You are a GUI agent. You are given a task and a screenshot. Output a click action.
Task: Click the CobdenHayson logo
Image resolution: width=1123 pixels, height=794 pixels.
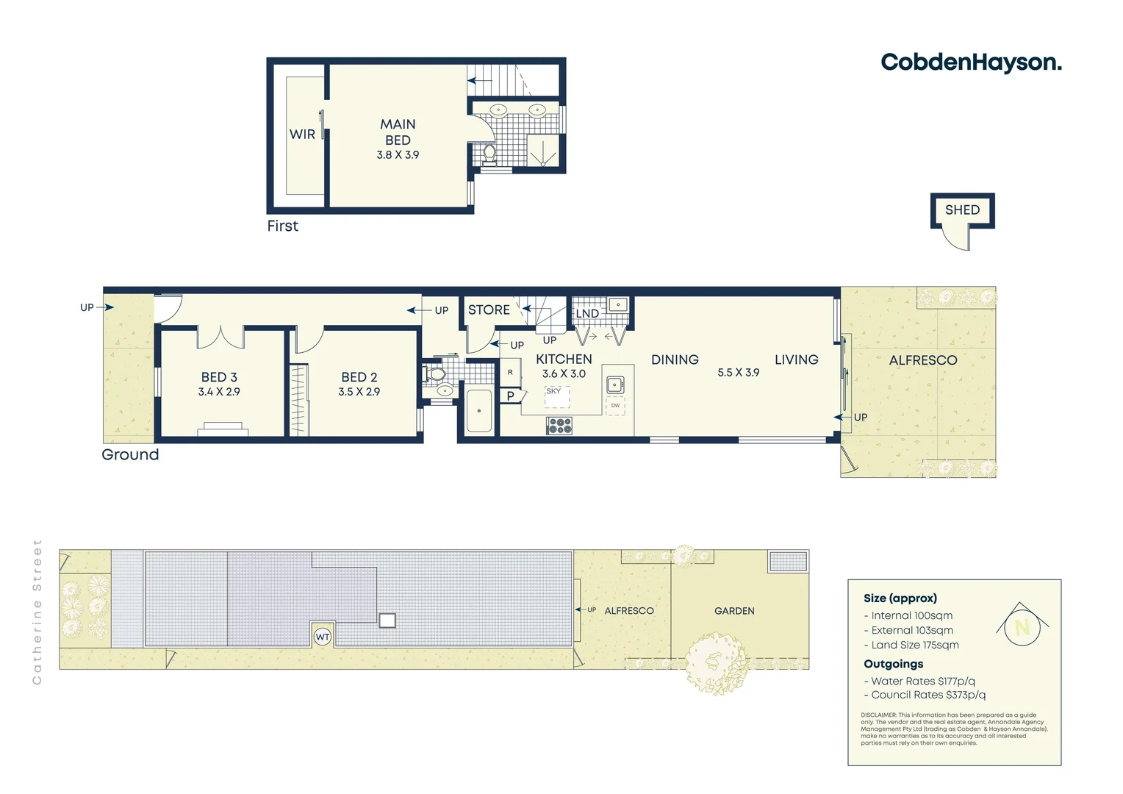tap(971, 62)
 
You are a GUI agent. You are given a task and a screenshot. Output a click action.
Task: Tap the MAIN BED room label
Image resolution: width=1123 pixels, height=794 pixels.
tap(398, 132)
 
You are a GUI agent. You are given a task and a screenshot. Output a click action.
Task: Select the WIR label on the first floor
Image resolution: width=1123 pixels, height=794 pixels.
tap(302, 135)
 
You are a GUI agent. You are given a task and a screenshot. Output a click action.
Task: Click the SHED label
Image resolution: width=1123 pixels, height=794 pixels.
tap(962, 210)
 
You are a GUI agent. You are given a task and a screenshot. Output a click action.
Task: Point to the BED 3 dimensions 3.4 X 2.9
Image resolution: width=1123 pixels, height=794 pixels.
tap(219, 393)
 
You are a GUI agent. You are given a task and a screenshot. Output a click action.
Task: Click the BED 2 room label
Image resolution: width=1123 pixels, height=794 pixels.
tap(359, 377)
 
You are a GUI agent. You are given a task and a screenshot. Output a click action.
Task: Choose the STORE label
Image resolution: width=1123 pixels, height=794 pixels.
tap(489, 310)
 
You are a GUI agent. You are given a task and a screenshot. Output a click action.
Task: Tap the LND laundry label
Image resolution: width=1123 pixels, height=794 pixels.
tap(587, 314)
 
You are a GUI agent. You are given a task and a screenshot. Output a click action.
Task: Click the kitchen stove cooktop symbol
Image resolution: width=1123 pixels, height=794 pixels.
tap(559, 426)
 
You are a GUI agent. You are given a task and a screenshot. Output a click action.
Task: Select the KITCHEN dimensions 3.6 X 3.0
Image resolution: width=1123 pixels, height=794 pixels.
tap(564, 374)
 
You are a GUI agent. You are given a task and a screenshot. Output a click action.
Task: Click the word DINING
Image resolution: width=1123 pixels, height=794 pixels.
tap(675, 360)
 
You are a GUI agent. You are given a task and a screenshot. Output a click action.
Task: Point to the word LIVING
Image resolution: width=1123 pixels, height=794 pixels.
tap(796, 360)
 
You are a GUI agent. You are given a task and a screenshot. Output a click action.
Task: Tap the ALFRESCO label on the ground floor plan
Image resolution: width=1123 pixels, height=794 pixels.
tap(923, 360)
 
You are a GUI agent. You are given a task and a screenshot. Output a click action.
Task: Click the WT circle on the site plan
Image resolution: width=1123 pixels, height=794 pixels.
tap(323, 637)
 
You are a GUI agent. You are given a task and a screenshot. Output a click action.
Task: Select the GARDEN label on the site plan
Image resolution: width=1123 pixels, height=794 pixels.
tap(734, 611)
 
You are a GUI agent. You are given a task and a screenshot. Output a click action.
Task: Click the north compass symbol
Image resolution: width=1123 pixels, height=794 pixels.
tap(1022, 626)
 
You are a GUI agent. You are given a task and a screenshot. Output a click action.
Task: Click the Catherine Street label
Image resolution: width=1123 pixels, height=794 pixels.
tap(37, 612)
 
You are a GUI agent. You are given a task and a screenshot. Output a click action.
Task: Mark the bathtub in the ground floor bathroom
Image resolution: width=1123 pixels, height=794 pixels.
tap(479, 412)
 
